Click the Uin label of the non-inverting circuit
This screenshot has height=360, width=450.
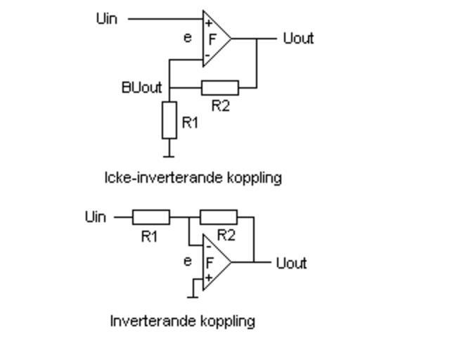tap(106, 19)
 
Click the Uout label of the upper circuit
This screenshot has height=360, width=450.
tap(297, 38)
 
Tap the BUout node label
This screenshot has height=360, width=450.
tap(141, 88)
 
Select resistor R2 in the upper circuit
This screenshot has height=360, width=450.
tap(220, 88)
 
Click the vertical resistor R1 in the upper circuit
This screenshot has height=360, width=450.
tap(169, 120)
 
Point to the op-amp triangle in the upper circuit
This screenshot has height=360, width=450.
tap(215, 39)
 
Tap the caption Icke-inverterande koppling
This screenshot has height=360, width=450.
tap(193, 177)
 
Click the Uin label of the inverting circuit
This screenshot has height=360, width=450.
tap(96, 217)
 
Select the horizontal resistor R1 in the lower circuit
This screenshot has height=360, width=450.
tap(150, 217)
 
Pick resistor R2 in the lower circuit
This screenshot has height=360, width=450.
tap(219, 217)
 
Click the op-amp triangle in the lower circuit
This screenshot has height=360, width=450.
tap(214, 262)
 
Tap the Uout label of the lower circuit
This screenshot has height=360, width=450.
tap(291, 263)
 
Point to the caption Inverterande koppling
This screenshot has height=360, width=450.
tap(182, 321)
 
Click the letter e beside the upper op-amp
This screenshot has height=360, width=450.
tap(188, 38)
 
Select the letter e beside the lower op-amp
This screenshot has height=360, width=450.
tap(187, 262)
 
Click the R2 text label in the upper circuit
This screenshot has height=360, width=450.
tap(221, 107)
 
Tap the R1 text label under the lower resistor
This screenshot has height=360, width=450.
tap(149, 237)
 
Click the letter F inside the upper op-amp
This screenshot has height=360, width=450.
tap(212, 39)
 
